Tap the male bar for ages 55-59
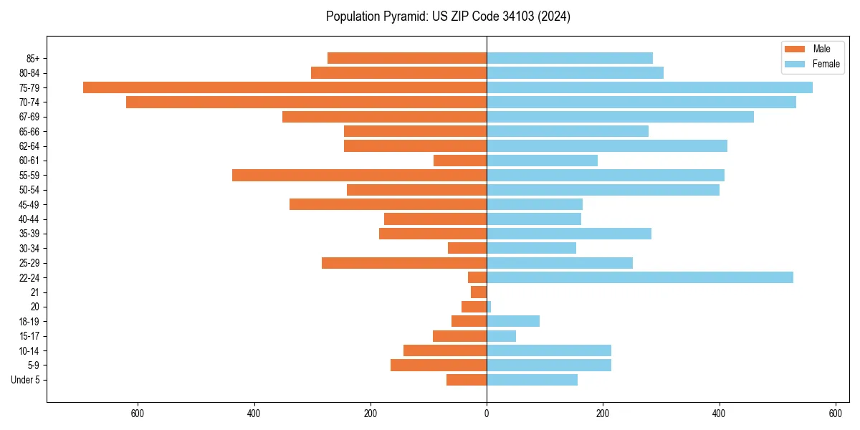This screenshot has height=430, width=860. pos(359,175)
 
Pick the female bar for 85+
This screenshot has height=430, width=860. pos(570,58)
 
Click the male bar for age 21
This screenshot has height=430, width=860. pos(479,292)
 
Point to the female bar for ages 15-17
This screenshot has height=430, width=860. pos(501,336)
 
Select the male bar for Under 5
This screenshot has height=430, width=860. pos(467,380)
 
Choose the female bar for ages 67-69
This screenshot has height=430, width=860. pos(620,117)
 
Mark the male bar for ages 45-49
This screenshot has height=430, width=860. pos(388,204)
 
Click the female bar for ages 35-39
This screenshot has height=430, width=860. pos(569,234)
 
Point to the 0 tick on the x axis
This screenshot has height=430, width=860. pos(487,414)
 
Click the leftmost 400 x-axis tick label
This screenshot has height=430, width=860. pos(254,414)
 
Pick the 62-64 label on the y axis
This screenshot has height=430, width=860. pos(29,146)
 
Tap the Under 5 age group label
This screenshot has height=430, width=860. pos(25,380)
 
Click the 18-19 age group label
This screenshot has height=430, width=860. pos(29,322)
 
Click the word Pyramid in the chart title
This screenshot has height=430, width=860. pos(401,16)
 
